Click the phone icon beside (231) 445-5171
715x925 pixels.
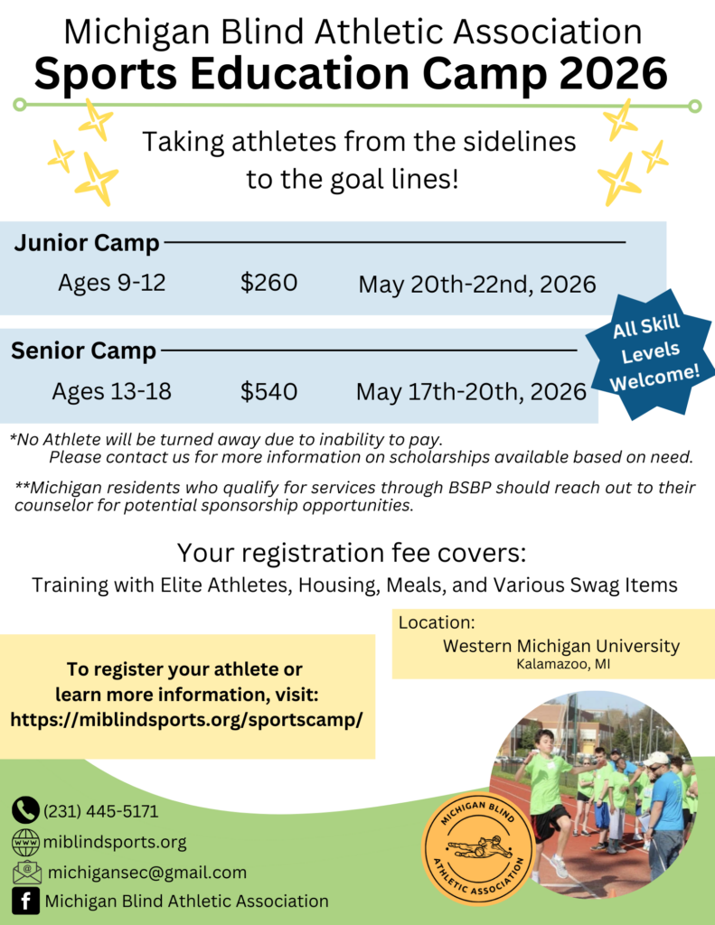pyautogui.click(x=25, y=810)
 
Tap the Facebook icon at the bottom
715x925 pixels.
pyautogui.click(x=26, y=901)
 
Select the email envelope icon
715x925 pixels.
pyautogui.click(x=27, y=872)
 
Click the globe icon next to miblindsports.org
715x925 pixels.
pyautogui.click(x=26, y=842)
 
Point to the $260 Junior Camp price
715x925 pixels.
pyautogui.click(x=268, y=283)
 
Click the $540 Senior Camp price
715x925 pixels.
pyautogui.click(x=268, y=391)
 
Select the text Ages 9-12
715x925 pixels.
pyautogui.click(x=111, y=283)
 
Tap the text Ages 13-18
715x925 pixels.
pyautogui.click(x=111, y=391)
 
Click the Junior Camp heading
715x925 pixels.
pyautogui.click(x=87, y=242)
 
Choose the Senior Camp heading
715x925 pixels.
pyautogui.click(x=83, y=350)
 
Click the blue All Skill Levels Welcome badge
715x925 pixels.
pyautogui.click(x=649, y=354)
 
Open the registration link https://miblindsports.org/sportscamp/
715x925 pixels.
pyautogui.click(x=186, y=720)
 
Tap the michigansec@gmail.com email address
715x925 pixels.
pyautogui.click(x=147, y=872)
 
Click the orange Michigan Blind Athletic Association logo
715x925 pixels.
pyautogui.click(x=478, y=847)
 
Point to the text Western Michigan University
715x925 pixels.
pyautogui.click(x=561, y=646)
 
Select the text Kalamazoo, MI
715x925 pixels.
pyautogui.click(x=563, y=664)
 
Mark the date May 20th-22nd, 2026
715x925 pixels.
pyautogui.click(x=477, y=285)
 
